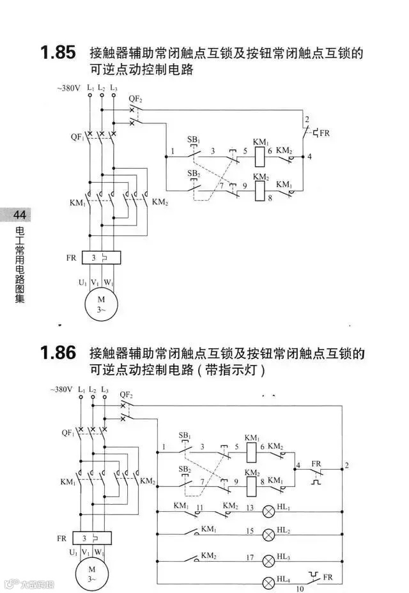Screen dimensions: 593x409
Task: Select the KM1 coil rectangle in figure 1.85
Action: point(260,154)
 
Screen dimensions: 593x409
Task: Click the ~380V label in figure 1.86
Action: point(62,389)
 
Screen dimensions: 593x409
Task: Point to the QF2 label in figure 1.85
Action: point(135,98)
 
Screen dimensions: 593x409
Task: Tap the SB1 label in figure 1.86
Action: point(185,435)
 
